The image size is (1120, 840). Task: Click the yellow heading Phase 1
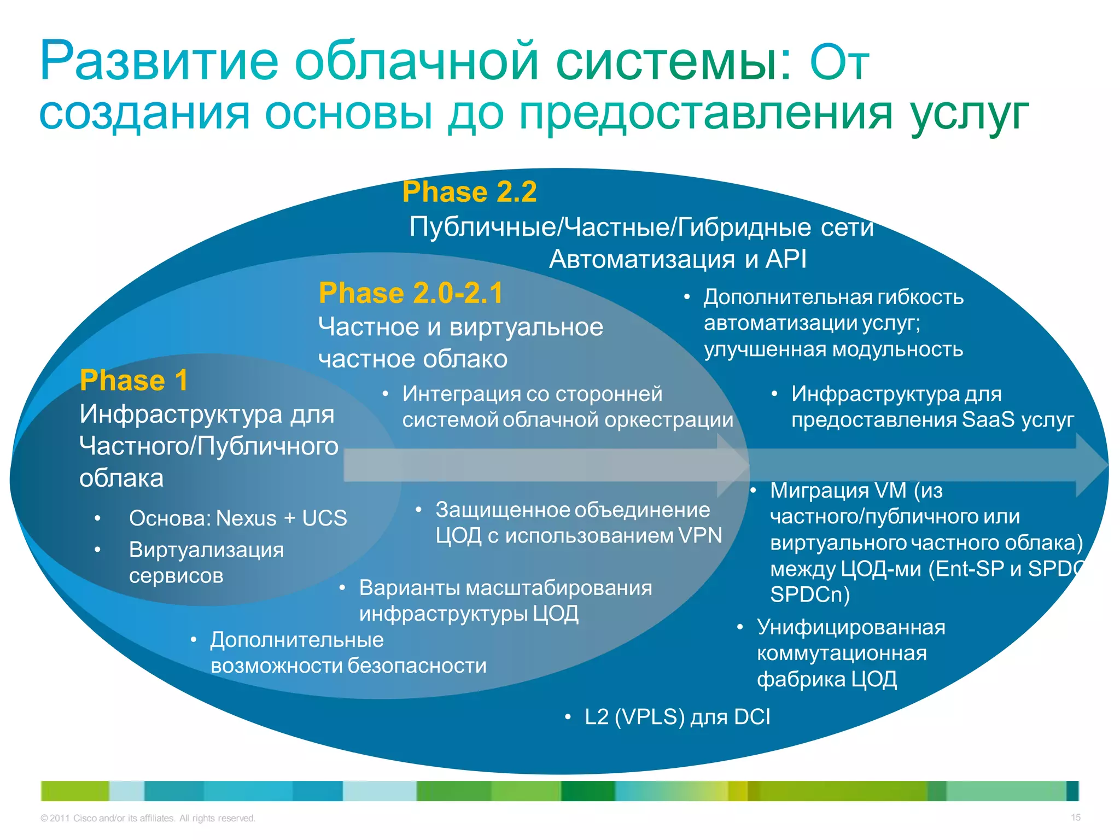click(133, 381)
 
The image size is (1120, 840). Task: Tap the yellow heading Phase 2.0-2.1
click(410, 293)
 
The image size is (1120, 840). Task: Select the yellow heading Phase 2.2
click(469, 192)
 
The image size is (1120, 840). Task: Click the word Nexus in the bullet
click(246, 518)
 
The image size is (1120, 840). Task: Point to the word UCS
click(324, 518)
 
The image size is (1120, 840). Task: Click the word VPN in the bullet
click(700, 535)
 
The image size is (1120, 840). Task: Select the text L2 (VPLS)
click(634, 717)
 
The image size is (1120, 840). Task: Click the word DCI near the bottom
click(751, 717)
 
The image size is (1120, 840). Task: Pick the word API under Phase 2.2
click(786, 259)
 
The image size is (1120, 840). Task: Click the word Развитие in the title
click(159, 61)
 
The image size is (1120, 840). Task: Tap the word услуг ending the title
click(969, 115)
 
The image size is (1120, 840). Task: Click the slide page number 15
click(1075, 818)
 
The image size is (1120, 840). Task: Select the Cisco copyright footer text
click(148, 818)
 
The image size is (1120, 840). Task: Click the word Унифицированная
click(851, 627)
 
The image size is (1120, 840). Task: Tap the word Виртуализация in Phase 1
click(206, 550)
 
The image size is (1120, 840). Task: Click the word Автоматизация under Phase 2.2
click(642, 259)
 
